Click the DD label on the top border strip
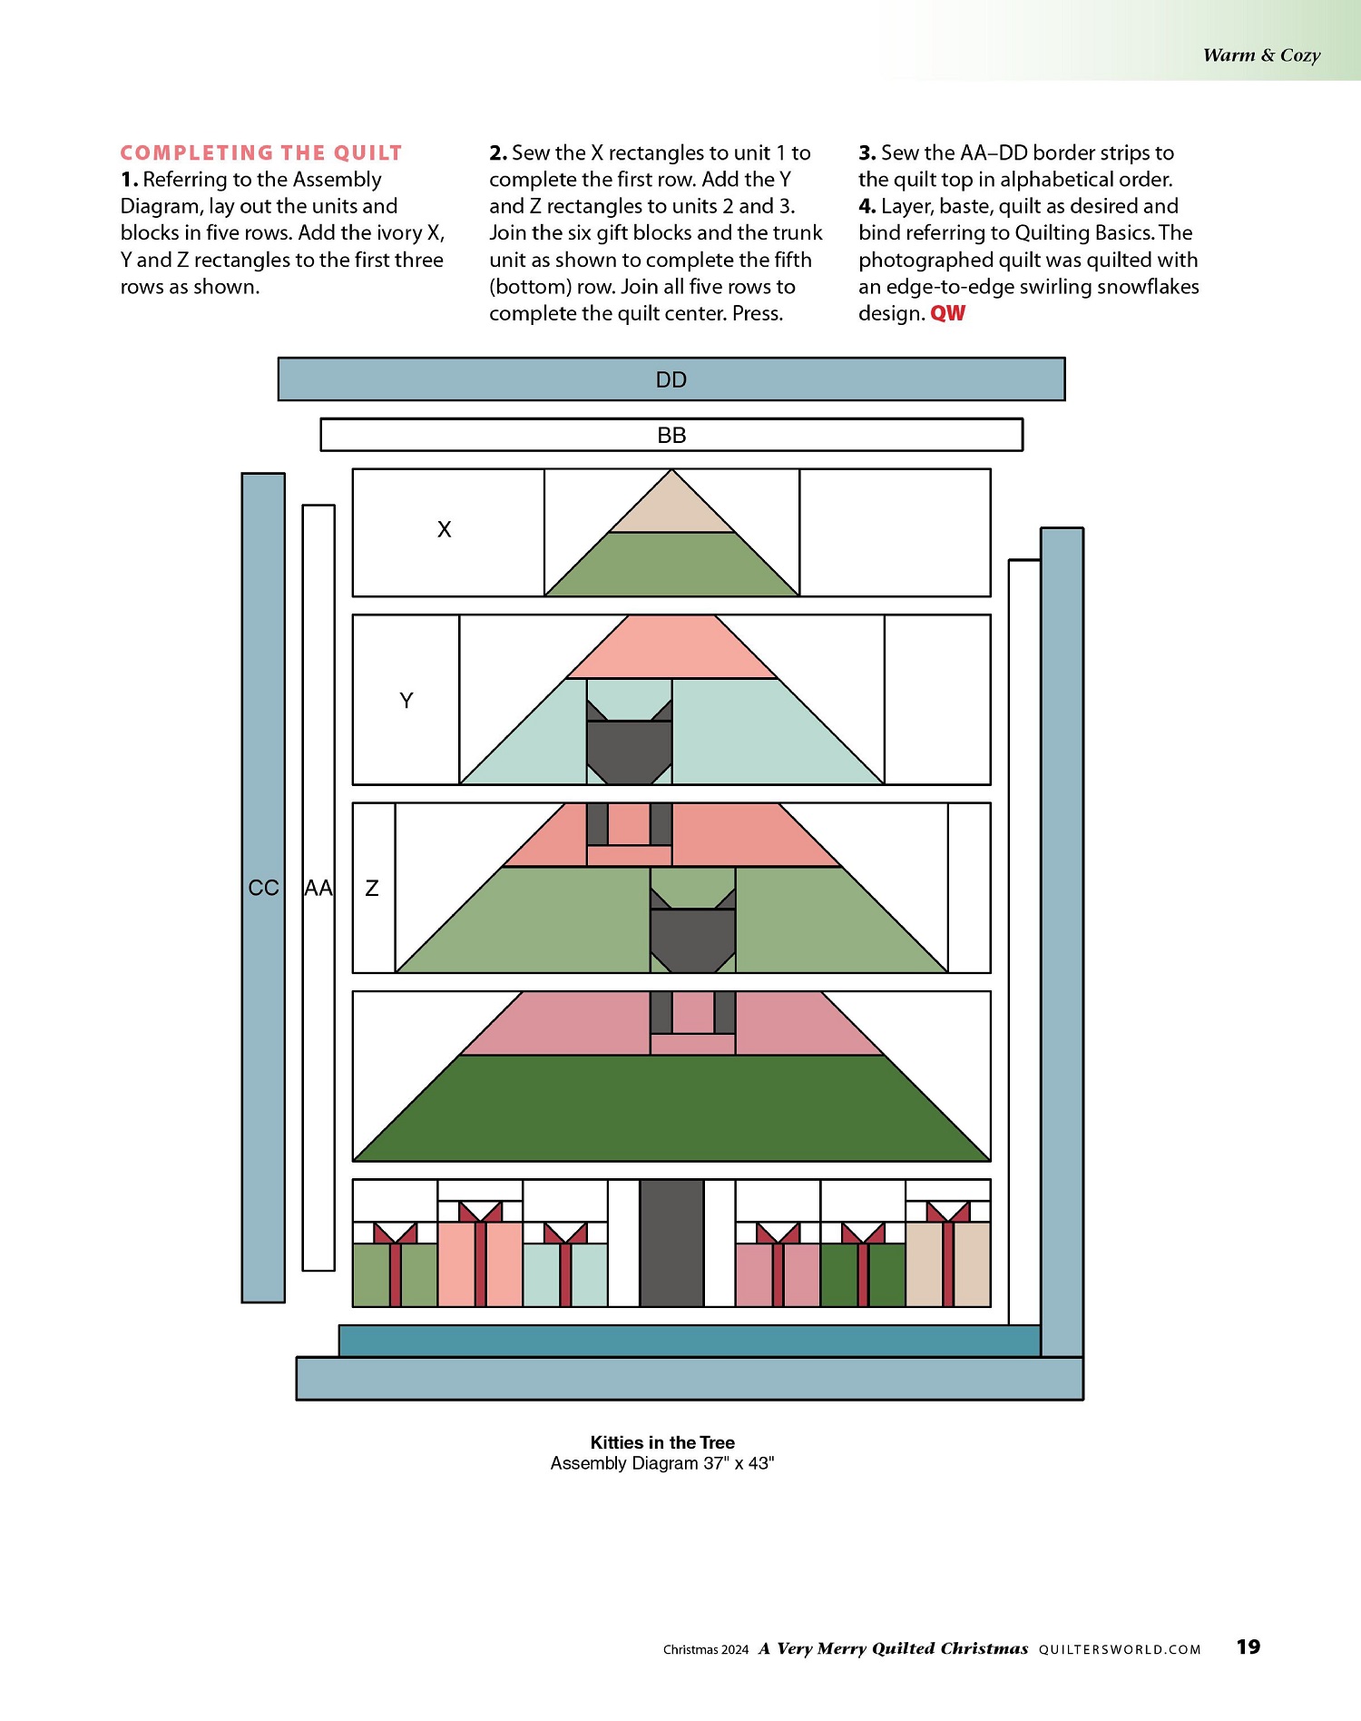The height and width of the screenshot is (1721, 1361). coord(671,379)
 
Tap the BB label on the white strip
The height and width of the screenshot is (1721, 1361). coord(671,435)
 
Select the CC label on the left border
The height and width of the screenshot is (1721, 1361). coord(263,888)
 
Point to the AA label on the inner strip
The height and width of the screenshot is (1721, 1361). coord(318,888)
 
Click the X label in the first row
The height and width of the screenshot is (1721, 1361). coord(444,529)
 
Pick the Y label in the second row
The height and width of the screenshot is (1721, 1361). coord(406,700)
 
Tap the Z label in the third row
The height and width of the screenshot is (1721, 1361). coord(372,888)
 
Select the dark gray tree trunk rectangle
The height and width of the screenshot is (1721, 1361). coord(671,1243)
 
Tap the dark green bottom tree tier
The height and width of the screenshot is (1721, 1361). coord(671,1108)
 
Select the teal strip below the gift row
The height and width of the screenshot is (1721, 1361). coord(690,1341)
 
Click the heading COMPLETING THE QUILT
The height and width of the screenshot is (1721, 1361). coord(261,152)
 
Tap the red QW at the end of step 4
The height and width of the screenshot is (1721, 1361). coord(948,313)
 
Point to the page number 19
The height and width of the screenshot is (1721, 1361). coord(1248,1647)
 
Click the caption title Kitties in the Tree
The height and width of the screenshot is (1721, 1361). coord(662,1442)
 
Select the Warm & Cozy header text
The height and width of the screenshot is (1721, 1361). coord(1261,55)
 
